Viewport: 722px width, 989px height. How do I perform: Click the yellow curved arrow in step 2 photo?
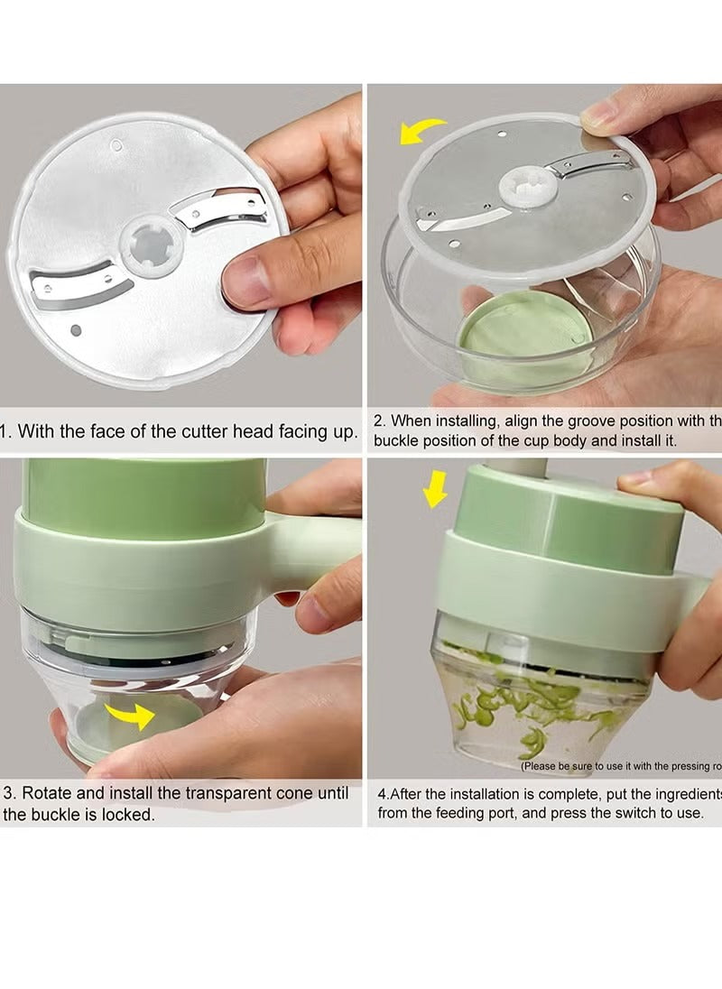421,132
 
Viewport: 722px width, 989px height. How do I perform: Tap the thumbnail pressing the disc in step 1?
242,282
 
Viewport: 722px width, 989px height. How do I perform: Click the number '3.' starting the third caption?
10,793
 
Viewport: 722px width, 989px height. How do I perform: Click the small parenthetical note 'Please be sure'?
578,766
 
